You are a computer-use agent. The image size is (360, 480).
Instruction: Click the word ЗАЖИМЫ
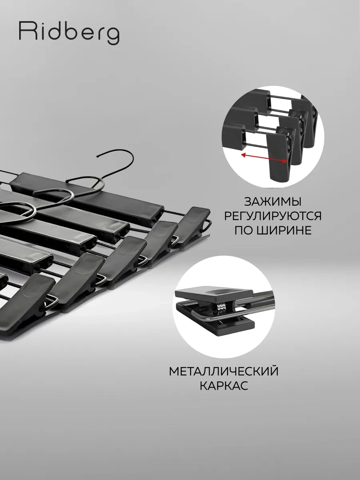pos(272,202)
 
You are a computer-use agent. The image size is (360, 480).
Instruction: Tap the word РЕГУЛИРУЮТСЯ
pos(273,216)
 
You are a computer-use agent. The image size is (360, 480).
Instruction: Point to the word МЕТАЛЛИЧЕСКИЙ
pos(224,371)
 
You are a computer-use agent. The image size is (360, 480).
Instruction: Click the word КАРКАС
pos(224,386)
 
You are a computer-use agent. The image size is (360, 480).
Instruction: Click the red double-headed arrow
pos(264,158)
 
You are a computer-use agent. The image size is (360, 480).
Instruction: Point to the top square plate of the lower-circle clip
pos(214,294)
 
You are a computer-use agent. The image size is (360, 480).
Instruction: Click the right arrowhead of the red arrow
pos(284,161)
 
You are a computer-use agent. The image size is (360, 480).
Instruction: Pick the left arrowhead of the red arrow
pos(243,155)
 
